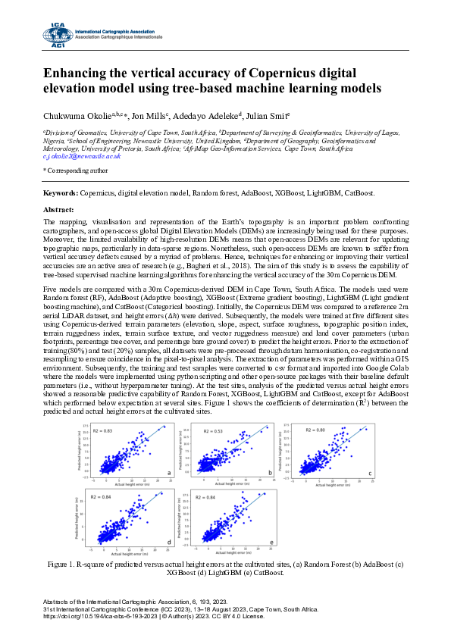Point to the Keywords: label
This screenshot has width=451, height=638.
[60, 194]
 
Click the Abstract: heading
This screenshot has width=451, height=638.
[59, 208]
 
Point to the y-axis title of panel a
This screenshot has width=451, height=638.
[78, 452]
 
